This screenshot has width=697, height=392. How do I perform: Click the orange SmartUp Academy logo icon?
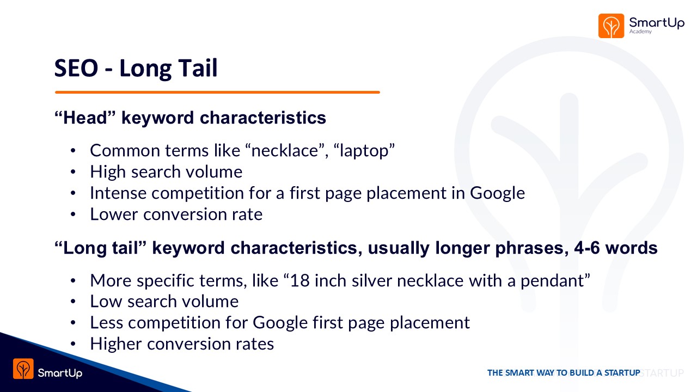pos(611,26)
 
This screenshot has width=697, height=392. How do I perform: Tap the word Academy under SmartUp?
pos(640,32)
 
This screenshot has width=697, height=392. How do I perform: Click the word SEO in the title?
pos(76,68)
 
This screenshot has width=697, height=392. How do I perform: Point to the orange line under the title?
pos(217,92)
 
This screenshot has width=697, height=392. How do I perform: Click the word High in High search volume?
pos(108,172)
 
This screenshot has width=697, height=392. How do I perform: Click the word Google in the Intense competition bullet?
pos(497,193)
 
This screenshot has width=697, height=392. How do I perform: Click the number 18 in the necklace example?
pos(299,280)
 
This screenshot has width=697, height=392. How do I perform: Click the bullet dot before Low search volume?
pos(73,302)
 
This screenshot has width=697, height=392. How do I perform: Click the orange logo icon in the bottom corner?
pos(23,369)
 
